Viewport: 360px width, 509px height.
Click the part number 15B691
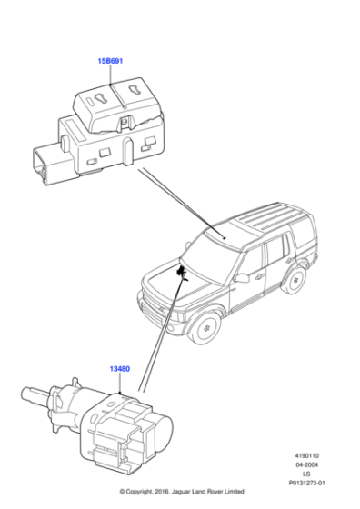tap(110, 61)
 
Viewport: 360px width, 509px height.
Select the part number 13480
tap(119, 369)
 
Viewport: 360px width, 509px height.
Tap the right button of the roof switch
tap(130, 95)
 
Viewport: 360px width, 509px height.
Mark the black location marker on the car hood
tap(182, 273)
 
